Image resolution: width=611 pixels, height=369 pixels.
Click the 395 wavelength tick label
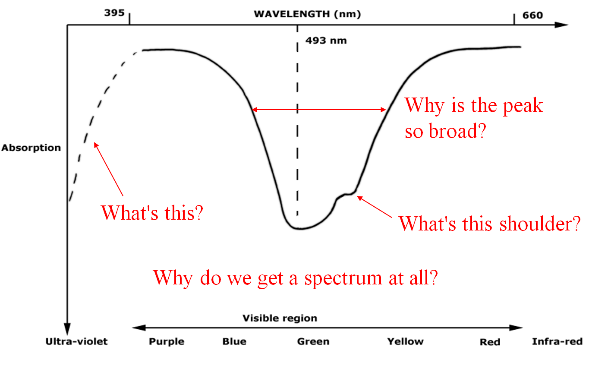tap(114, 13)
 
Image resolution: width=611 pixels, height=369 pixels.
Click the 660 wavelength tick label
tap(532, 16)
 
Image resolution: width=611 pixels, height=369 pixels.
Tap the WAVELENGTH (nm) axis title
tap(307, 14)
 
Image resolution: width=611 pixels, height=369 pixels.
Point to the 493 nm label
tap(326, 41)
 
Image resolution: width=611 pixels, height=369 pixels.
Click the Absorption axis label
tap(31, 148)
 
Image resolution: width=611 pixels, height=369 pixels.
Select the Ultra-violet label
tap(76, 341)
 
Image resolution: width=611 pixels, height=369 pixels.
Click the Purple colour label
tap(167, 341)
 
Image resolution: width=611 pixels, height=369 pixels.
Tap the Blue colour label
tap(234, 341)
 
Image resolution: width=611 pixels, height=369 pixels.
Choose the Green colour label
tap(313, 341)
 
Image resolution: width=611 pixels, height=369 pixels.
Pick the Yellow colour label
tap(405, 341)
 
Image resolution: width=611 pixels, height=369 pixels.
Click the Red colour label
tap(490, 342)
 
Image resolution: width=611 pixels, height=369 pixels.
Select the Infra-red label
tap(557, 341)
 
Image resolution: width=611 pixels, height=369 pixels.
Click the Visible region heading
tap(280, 319)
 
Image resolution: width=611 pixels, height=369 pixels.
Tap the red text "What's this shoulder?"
tap(489, 224)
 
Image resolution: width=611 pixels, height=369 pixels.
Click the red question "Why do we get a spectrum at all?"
tap(296, 278)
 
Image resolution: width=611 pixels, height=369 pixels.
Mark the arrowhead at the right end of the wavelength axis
tap(561, 25)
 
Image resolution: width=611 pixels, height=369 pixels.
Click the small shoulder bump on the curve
tap(346, 195)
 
